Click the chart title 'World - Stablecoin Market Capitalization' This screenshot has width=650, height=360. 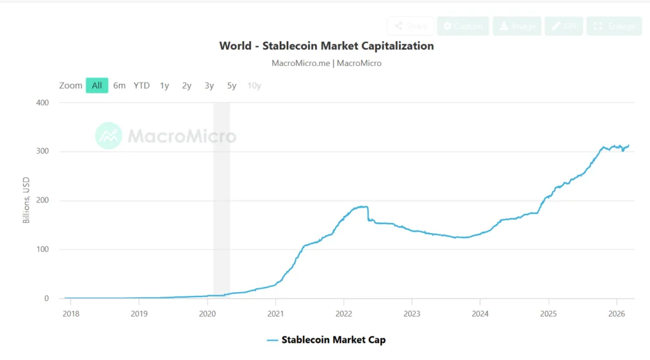point(326,46)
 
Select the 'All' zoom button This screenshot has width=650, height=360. point(97,85)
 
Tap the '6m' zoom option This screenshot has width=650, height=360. point(119,85)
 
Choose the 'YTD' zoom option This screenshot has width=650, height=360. point(142,85)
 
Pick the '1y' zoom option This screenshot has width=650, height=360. point(164,85)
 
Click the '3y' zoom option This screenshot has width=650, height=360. point(209,85)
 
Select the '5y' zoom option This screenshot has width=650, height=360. point(232,85)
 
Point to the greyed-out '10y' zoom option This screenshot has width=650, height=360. point(254,85)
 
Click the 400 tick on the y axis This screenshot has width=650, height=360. point(42,103)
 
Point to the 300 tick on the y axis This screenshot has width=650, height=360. point(42,152)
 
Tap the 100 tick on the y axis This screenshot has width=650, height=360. point(42,250)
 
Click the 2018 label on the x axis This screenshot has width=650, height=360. point(70,313)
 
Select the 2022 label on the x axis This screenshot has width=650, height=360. point(343,313)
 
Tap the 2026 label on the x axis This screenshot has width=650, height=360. point(617,313)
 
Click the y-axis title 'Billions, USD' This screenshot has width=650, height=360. point(27,201)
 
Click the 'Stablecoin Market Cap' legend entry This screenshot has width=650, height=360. point(326,340)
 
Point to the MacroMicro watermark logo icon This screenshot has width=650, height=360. point(109,135)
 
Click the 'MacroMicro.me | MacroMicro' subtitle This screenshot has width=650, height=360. point(326,63)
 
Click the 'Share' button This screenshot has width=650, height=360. point(410,26)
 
